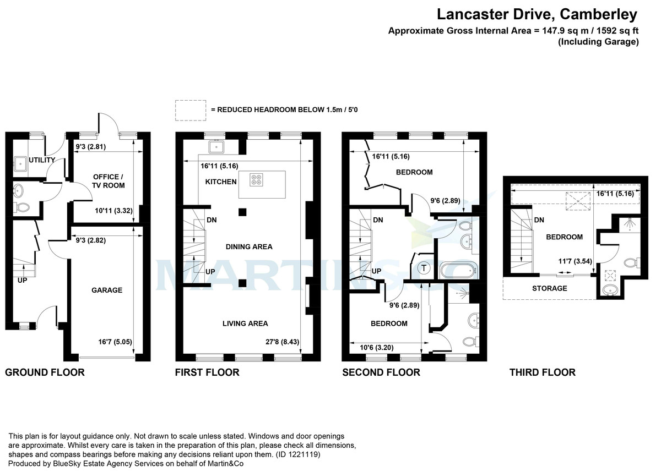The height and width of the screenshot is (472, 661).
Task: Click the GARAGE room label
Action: click(107, 290)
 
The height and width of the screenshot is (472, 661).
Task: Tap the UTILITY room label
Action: click(42, 160)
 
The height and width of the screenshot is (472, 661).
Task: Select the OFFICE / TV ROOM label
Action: click(109, 181)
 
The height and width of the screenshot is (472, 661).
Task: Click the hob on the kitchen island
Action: click(257, 179)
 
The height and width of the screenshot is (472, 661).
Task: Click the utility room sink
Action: click(21, 163)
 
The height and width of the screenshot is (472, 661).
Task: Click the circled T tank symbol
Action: click(424, 268)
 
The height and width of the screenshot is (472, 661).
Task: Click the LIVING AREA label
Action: click(245, 323)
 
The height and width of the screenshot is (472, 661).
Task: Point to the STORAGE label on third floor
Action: click(549, 288)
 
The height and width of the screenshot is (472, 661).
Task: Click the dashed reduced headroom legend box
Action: click(191, 110)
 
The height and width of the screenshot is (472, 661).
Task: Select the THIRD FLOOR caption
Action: click(542, 372)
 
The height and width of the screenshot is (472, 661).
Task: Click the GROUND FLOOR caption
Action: click(45, 372)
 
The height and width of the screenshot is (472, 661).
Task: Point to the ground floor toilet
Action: click(23, 208)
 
